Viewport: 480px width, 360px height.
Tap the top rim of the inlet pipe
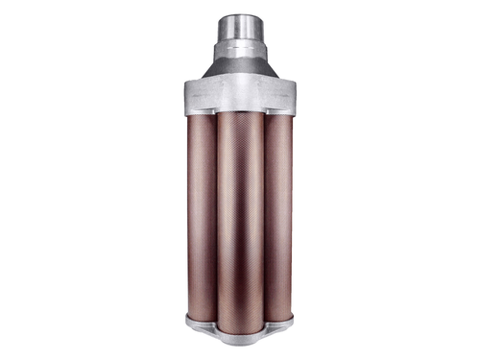coord(240,17)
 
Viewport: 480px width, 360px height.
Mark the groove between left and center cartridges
coord(217,211)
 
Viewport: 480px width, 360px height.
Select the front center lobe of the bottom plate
coord(240,336)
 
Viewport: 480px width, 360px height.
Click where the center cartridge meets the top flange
coord(240,113)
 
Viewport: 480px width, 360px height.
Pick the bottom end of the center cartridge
coord(240,324)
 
